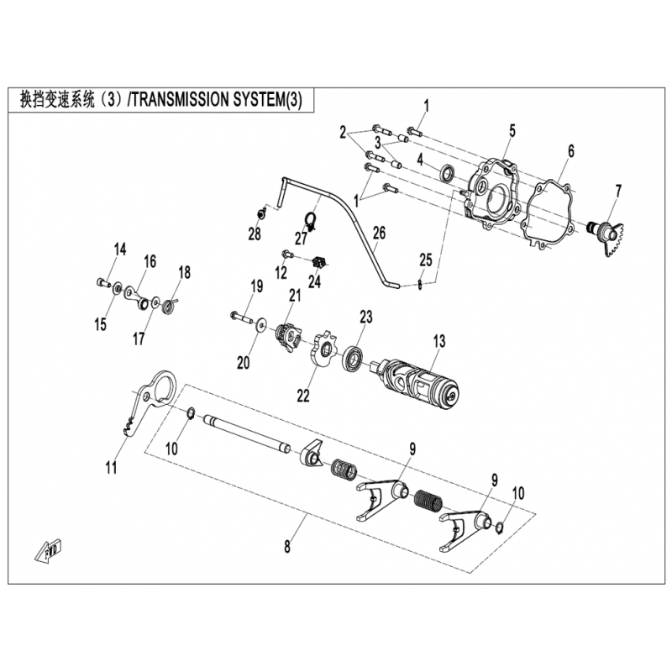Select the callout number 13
pos(439,341)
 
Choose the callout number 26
pos(380,234)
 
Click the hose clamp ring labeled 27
pos(311,221)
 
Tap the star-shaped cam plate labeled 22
pos(323,348)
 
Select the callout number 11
pos(112,467)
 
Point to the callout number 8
pos(287,547)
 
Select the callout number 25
pos(426,260)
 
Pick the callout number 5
pos(512,131)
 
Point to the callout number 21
pos(295,296)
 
